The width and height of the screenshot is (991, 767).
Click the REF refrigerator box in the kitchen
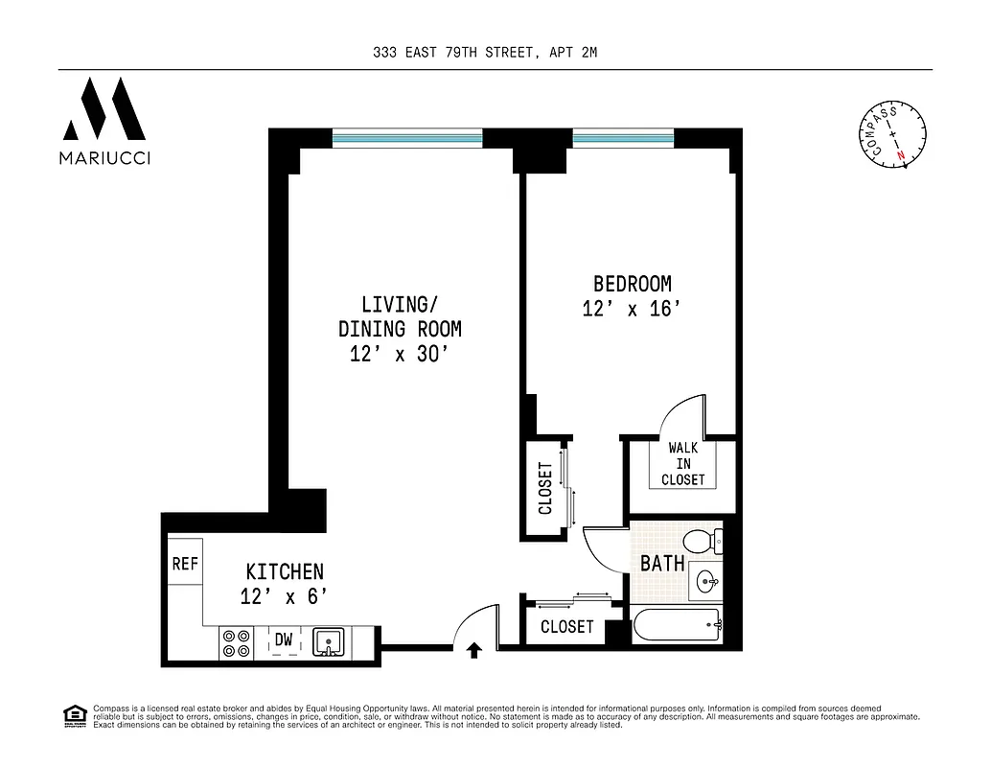point(184,564)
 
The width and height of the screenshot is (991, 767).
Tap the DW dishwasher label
point(284,639)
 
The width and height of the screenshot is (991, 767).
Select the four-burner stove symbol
point(236,641)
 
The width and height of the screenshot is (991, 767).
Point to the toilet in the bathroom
point(710,541)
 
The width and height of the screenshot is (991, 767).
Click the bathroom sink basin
point(707,581)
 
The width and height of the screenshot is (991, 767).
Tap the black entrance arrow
point(472,652)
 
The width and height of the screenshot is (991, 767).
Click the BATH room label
point(662,563)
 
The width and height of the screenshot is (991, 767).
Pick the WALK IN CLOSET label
point(682,463)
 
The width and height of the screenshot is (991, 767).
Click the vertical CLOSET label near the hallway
point(545,488)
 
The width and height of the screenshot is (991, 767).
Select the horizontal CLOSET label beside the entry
point(566,627)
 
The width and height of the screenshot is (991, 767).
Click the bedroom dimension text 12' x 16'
point(632,309)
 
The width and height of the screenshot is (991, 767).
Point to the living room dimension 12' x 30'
point(400,353)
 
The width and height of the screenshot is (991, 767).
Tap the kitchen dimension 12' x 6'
point(285,595)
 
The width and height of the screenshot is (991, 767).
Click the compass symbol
point(891,134)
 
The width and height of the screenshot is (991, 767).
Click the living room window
point(407,138)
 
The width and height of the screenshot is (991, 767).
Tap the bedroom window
point(624,138)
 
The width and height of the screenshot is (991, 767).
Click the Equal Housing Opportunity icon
point(72,714)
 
